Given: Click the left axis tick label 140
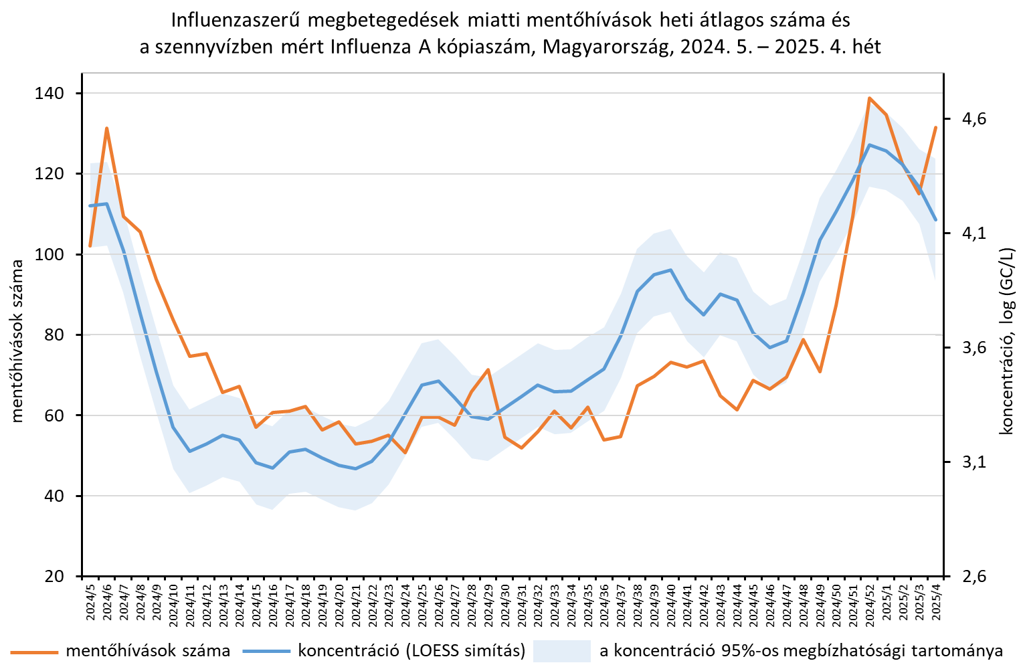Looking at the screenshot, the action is (x=48, y=94).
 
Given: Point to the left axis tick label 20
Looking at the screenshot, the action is (x=53, y=576).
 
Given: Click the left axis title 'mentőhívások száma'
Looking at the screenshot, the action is (x=17, y=341).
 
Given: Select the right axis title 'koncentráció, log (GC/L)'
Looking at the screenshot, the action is (x=1006, y=341).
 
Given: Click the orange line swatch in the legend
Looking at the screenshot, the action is (x=35, y=652).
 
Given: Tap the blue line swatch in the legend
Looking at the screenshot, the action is (x=267, y=652).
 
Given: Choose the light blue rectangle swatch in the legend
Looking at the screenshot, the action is (x=561, y=651).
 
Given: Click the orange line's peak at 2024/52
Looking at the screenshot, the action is (x=869, y=98).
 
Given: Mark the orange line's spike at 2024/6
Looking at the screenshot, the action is (x=106, y=128).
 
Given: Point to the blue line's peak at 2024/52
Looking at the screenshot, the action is (x=869, y=145).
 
